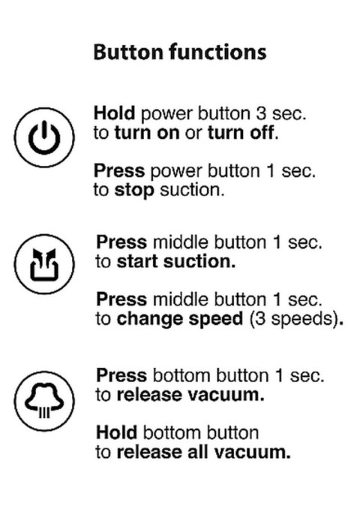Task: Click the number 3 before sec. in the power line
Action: coord(271,113)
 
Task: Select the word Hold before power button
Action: coord(113,113)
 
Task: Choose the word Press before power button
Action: coord(116,173)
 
